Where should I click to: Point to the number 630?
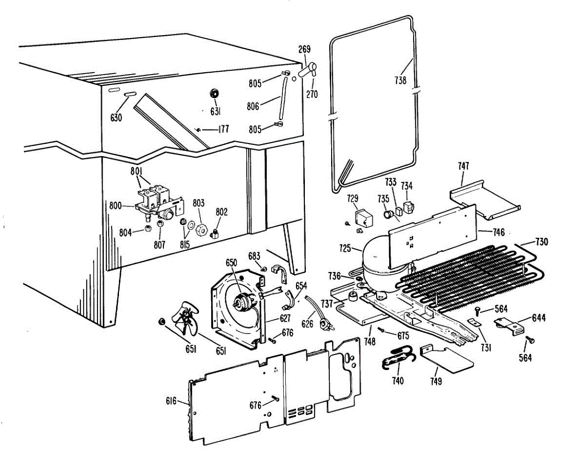pos(116,118)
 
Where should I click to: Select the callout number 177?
pos(223,129)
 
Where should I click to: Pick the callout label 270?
pos(312,94)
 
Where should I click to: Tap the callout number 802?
pos(222,212)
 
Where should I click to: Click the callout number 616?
pos(171,401)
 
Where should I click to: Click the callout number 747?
pos(463,166)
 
